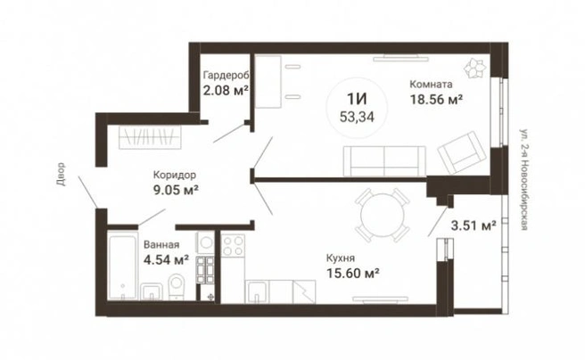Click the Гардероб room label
pyautogui.click(x=227, y=75)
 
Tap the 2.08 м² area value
pyautogui.click(x=226, y=90)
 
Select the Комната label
pyautogui.click(x=431, y=85)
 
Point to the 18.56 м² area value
pyautogui.click(x=436, y=100)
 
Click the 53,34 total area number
pyautogui.click(x=357, y=117)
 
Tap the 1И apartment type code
pyautogui.click(x=357, y=99)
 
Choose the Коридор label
pyautogui.click(x=175, y=175)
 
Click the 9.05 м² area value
pyautogui.click(x=176, y=190)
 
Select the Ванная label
pyautogui.click(x=161, y=244)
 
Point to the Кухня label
pyautogui.click(x=341, y=258)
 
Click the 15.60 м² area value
pyautogui.click(x=353, y=274)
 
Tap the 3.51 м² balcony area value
pyautogui.click(x=474, y=225)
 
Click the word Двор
pyautogui.click(x=61, y=174)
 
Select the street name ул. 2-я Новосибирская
pyautogui.click(x=523, y=179)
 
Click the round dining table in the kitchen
pyautogui.click(x=383, y=215)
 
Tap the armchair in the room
pyautogui.click(x=462, y=152)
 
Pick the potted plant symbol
pyautogui.click(x=475, y=69)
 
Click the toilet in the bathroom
pyautogui.click(x=177, y=287)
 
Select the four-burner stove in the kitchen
pyautogui.click(x=233, y=246)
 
